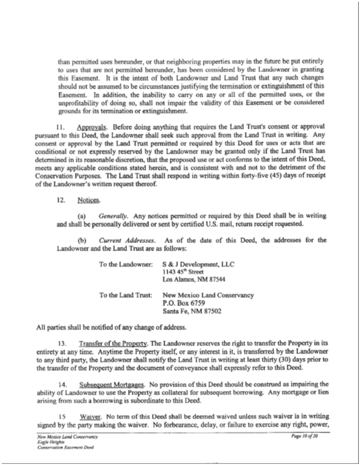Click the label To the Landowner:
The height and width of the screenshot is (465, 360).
pos(125,265)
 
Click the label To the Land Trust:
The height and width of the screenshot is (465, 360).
pos(125,295)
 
